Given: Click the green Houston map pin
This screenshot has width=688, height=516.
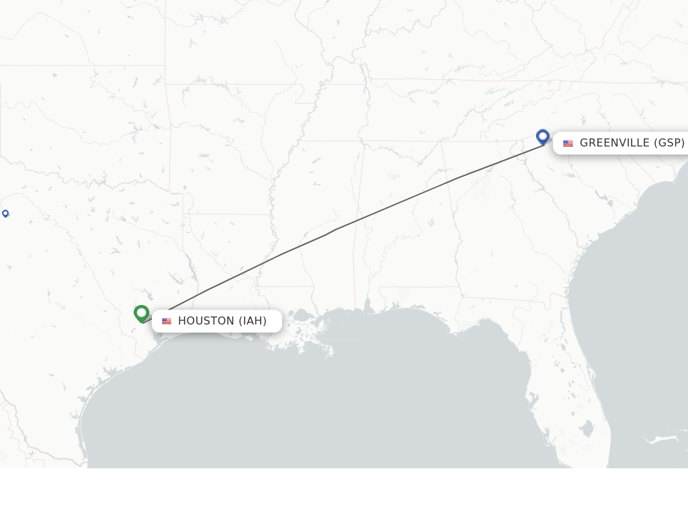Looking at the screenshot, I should [141, 313].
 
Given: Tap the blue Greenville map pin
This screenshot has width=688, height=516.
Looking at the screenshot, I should [543, 136].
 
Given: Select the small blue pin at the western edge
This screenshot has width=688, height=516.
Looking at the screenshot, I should [5, 213].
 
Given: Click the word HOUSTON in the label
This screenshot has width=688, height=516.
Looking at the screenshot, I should [206, 321].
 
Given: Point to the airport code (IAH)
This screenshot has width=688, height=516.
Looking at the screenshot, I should [253, 321].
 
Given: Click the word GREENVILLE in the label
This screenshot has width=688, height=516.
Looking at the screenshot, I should [615, 142].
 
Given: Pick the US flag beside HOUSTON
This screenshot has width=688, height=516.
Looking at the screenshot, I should [167, 321].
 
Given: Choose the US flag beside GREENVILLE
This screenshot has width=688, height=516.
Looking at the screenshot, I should [568, 143].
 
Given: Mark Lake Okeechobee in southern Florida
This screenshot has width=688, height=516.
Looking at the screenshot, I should [587, 427].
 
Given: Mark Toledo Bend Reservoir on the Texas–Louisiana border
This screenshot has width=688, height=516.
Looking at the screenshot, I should [193, 272].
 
